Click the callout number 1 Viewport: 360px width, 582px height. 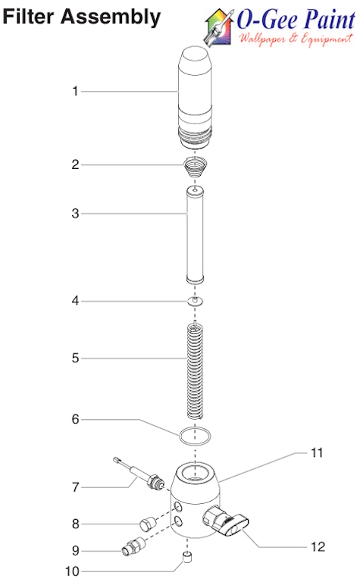pos(75,92)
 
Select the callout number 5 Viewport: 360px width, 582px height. pos(75,358)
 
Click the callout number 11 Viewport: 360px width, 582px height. pos(316,453)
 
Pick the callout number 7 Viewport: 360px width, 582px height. pos(75,487)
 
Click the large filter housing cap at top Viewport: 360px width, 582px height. pos(196,91)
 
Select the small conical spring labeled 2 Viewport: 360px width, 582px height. pos(196,167)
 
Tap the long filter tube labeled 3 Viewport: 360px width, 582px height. pos(196,236)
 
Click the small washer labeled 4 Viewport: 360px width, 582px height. pos(196,302)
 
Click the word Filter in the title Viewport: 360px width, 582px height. pos(30,16)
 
